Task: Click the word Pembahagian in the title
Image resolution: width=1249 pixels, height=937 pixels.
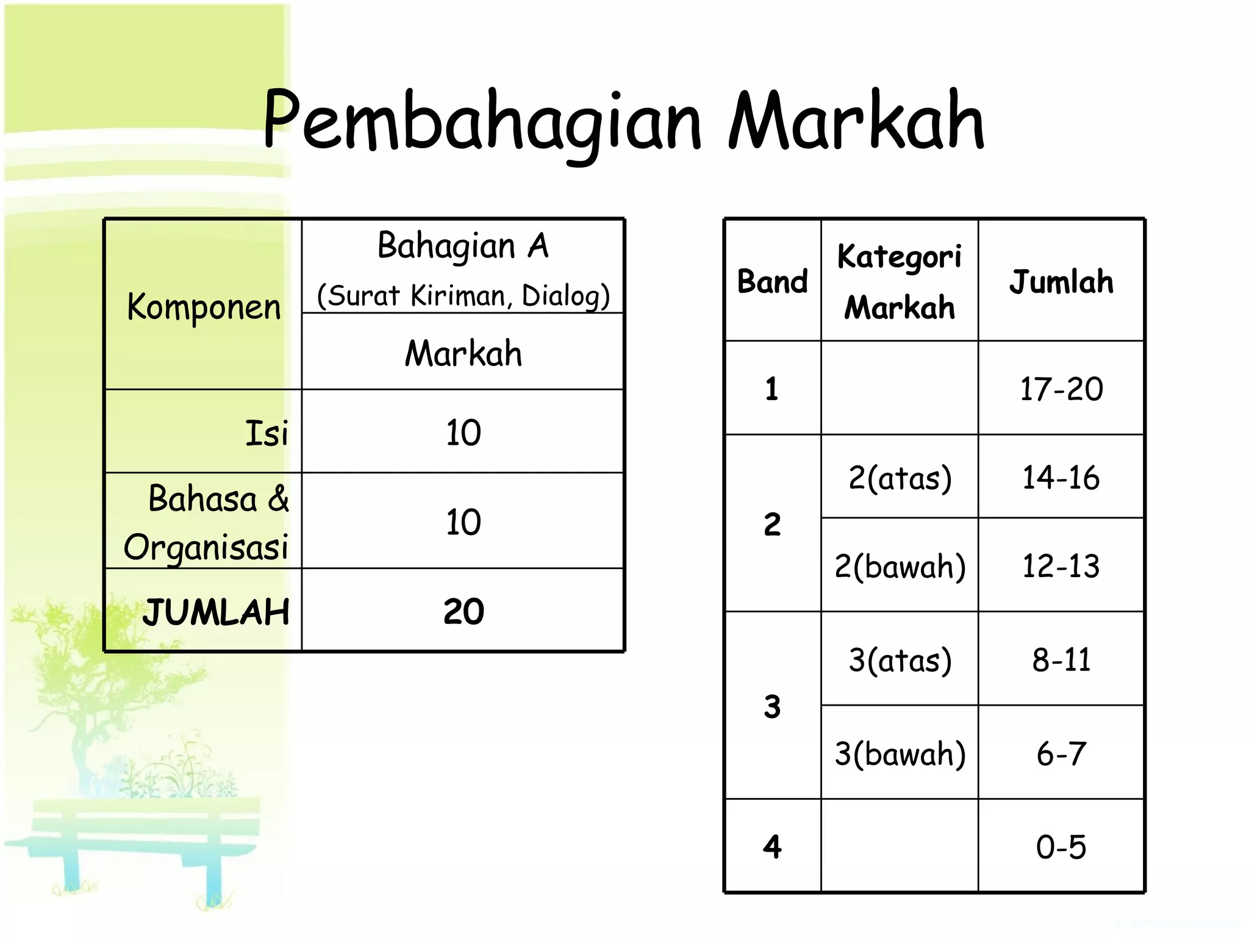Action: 482,122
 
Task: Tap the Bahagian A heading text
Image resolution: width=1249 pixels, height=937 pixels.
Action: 463,246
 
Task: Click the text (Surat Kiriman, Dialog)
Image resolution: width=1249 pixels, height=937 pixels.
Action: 463,296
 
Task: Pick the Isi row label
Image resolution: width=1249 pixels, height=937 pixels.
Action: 266,433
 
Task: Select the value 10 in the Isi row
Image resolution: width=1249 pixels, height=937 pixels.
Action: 463,433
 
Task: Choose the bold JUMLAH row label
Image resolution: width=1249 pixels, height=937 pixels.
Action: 216,612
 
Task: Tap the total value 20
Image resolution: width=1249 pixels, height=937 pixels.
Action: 463,611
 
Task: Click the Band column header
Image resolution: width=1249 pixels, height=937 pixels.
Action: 772,282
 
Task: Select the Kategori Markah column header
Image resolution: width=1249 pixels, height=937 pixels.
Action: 899,281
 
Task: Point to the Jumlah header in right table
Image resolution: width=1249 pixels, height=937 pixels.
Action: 1061,282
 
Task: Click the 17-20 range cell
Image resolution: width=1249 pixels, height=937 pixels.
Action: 1061,389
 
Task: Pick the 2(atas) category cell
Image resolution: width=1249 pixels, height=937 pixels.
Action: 900,478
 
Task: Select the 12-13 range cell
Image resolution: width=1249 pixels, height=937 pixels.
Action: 1061,566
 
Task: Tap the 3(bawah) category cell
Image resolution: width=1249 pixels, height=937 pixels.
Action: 900,754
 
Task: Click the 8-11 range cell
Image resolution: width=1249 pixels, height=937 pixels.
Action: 1061,660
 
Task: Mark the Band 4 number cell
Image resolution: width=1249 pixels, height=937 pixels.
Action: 772,847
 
